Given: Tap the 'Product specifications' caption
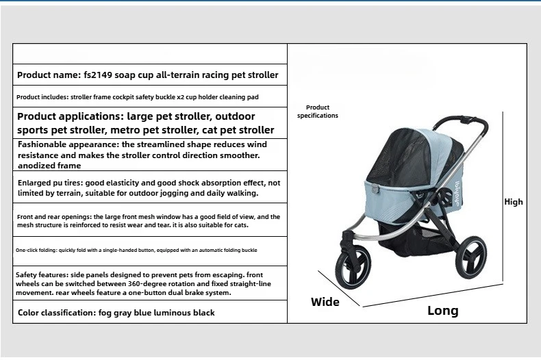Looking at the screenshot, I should point(318,112).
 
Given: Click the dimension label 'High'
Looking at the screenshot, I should point(513,202).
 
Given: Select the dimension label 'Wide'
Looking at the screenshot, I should point(325,302).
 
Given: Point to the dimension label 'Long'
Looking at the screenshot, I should point(442,311).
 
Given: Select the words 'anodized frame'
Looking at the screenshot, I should point(49,166).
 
